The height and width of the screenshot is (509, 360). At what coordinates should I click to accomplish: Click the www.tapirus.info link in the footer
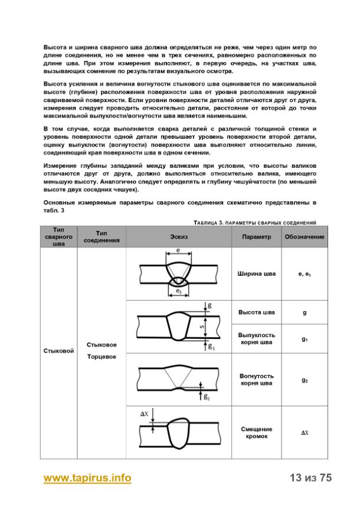87,478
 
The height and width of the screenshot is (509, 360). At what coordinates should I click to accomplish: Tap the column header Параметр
256,236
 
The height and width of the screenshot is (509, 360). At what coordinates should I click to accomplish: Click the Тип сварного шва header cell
58,236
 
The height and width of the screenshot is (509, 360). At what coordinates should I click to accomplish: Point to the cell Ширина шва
256,274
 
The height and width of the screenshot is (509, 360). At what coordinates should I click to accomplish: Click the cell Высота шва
256,312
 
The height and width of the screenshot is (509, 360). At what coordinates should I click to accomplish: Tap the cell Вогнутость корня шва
256,379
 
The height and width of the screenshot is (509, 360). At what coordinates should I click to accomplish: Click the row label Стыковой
58,351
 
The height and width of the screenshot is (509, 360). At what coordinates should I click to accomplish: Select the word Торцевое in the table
102,357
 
